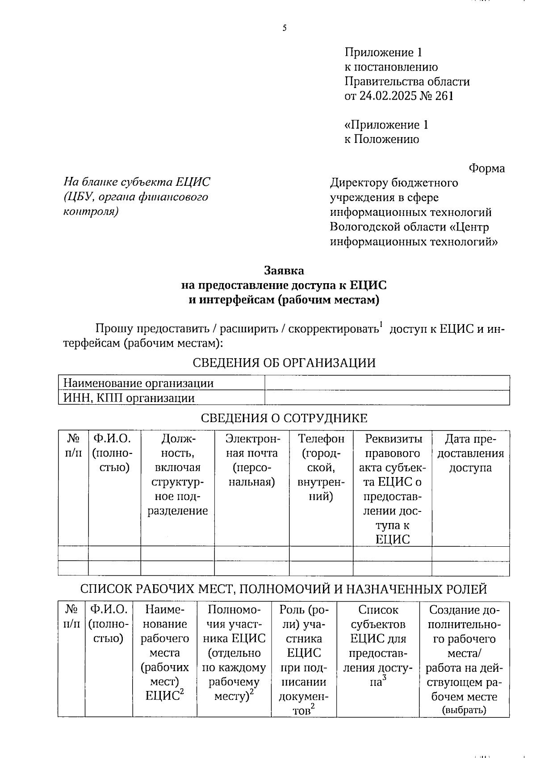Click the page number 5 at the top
pyautogui.click(x=285, y=28)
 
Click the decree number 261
pyautogui.click(x=444, y=96)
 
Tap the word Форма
pyautogui.click(x=486, y=168)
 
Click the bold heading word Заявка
pyautogui.click(x=284, y=271)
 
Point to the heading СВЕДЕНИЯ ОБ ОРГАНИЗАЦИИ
pyautogui.click(x=284, y=363)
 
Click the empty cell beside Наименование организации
pyautogui.click(x=387, y=383)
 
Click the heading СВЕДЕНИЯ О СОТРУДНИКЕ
pyautogui.click(x=284, y=419)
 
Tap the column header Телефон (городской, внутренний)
pyautogui.click(x=321, y=467)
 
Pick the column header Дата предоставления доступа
pyautogui.click(x=470, y=453)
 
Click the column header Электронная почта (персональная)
pyautogui.click(x=251, y=460)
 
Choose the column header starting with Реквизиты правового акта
pyautogui.click(x=392, y=489)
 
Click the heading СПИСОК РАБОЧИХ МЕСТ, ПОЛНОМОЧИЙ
pyautogui.click(x=284, y=590)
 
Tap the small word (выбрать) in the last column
pyautogui.click(x=464, y=710)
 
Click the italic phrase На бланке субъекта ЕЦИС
pyautogui.click(x=137, y=182)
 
